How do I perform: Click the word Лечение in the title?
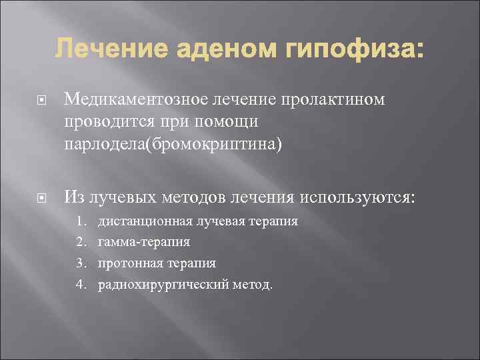(x=98, y=50)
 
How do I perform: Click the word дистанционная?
(x=145, y=221)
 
